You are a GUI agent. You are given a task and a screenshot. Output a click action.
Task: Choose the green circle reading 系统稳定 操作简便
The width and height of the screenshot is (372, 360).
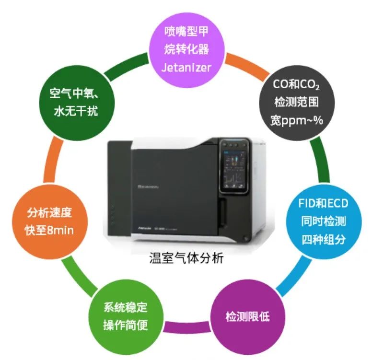[x=126, y=316]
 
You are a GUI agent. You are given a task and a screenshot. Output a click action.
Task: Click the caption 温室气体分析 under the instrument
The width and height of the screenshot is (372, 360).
[x=186, y=259]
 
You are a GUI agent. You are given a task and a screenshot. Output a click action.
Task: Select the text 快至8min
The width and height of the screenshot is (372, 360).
[x=49, y=230]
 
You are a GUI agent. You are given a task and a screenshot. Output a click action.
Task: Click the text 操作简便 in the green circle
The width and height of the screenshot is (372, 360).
[x=126, y=325]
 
